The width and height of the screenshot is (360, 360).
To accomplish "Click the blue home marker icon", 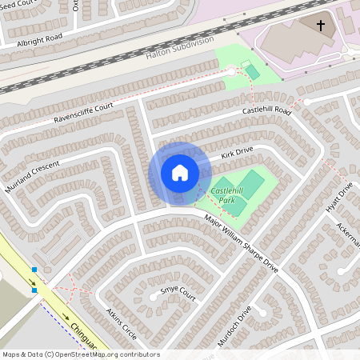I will [179, 172].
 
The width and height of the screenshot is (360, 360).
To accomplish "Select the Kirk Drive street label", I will [237, 150].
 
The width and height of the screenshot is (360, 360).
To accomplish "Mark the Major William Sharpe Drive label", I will [240, 243].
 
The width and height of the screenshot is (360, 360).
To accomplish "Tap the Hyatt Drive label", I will [345, 197].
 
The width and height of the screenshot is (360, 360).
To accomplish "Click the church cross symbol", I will [322, 26].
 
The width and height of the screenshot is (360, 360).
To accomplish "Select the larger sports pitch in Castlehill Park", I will [250, 186].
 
